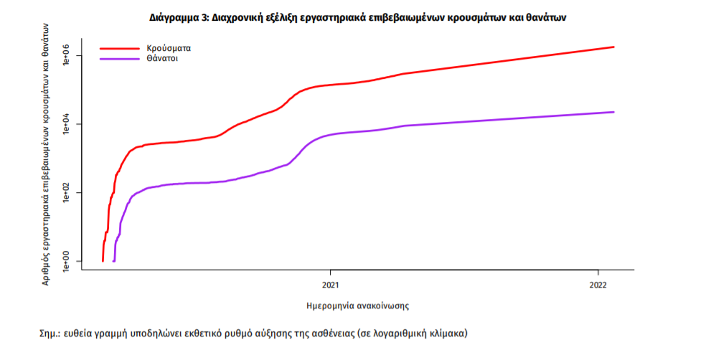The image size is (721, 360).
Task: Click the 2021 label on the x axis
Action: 330,284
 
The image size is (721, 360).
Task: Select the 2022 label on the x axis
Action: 598,284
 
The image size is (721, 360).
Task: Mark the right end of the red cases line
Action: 614,47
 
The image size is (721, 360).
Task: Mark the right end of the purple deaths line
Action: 614,112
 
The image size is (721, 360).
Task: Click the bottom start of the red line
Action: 103,261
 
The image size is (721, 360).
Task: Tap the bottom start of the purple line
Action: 114,261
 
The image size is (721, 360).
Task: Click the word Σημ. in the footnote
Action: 50,334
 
